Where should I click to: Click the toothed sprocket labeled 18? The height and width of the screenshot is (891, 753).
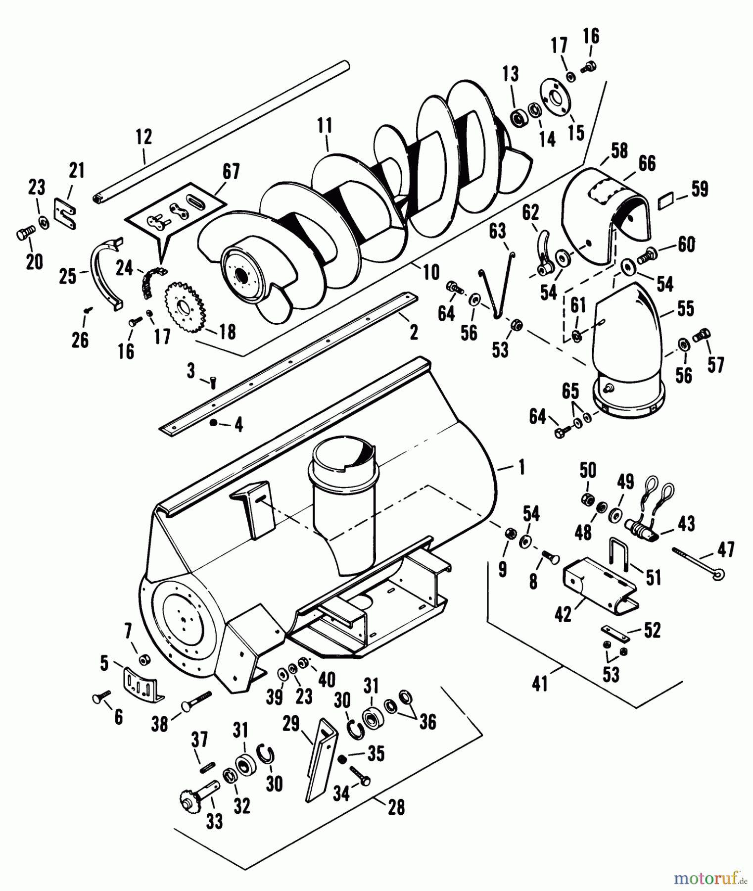pos(184,306)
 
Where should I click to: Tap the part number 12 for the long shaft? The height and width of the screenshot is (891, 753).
pos(143,137)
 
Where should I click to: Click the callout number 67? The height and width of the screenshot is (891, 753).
pos(231,172)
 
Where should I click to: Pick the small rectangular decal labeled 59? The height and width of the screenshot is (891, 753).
pos(666,200)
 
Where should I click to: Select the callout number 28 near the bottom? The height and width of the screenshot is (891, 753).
pos(396,807)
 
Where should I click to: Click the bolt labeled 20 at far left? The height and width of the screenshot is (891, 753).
pos(26,233)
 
